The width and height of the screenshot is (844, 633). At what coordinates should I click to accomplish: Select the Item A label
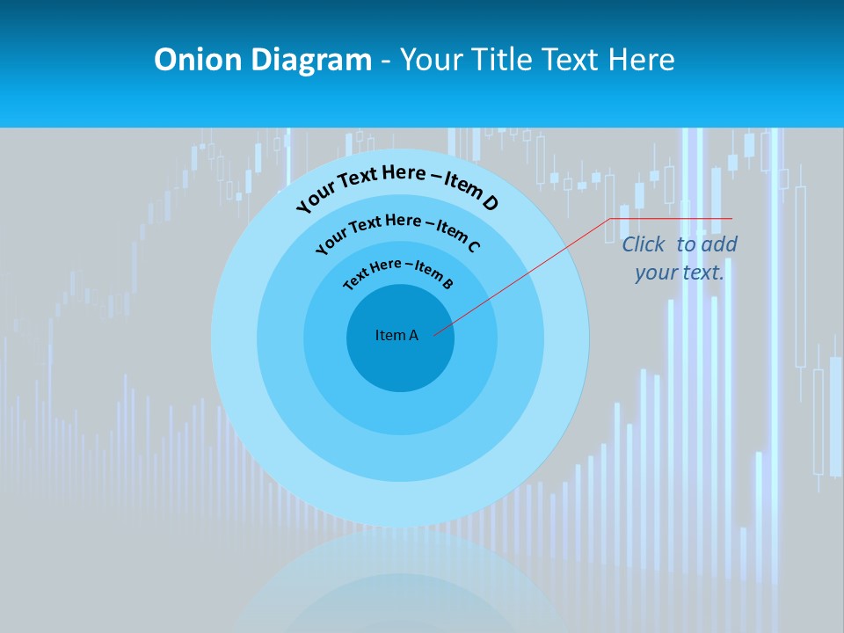(397, 335)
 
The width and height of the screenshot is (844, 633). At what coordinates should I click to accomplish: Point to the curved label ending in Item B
(398, 272)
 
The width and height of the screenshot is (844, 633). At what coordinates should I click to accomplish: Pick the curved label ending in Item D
(397, 184)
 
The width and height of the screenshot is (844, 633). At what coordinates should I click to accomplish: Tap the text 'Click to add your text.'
(680, 258)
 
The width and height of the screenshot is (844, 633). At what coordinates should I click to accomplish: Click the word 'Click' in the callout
(644, 244)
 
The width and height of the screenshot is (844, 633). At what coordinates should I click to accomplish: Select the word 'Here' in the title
(639, 60)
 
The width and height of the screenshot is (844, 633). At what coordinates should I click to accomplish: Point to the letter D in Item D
(490, 203)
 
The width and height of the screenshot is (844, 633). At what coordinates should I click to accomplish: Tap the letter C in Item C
(473, 245)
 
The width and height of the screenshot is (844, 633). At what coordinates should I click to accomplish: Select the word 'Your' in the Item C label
(330, 242)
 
